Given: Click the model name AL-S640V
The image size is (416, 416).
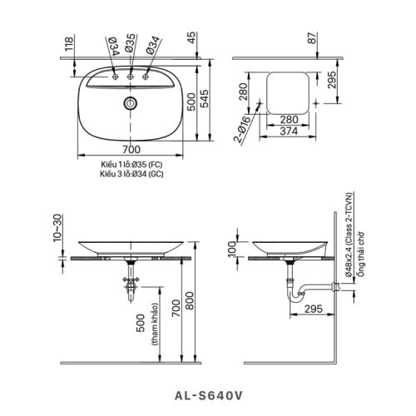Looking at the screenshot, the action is coord(209,396).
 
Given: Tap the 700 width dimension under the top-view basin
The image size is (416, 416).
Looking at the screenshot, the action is coord(131,150).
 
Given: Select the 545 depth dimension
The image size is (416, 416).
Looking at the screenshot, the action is coord(205,98).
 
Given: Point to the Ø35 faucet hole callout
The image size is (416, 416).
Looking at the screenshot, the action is coord(131,43).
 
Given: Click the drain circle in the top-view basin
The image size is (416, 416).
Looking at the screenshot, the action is coord(130,103).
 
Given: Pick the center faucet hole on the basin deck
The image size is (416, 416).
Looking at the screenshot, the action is coord(130,77).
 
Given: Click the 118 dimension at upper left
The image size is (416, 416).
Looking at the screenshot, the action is coord(69,44).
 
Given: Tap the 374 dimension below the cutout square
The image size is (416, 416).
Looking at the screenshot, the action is coord(289,131).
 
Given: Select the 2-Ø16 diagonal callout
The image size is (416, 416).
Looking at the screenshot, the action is coord(243,129).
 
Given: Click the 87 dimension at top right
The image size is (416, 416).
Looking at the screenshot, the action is coord(312,37).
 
